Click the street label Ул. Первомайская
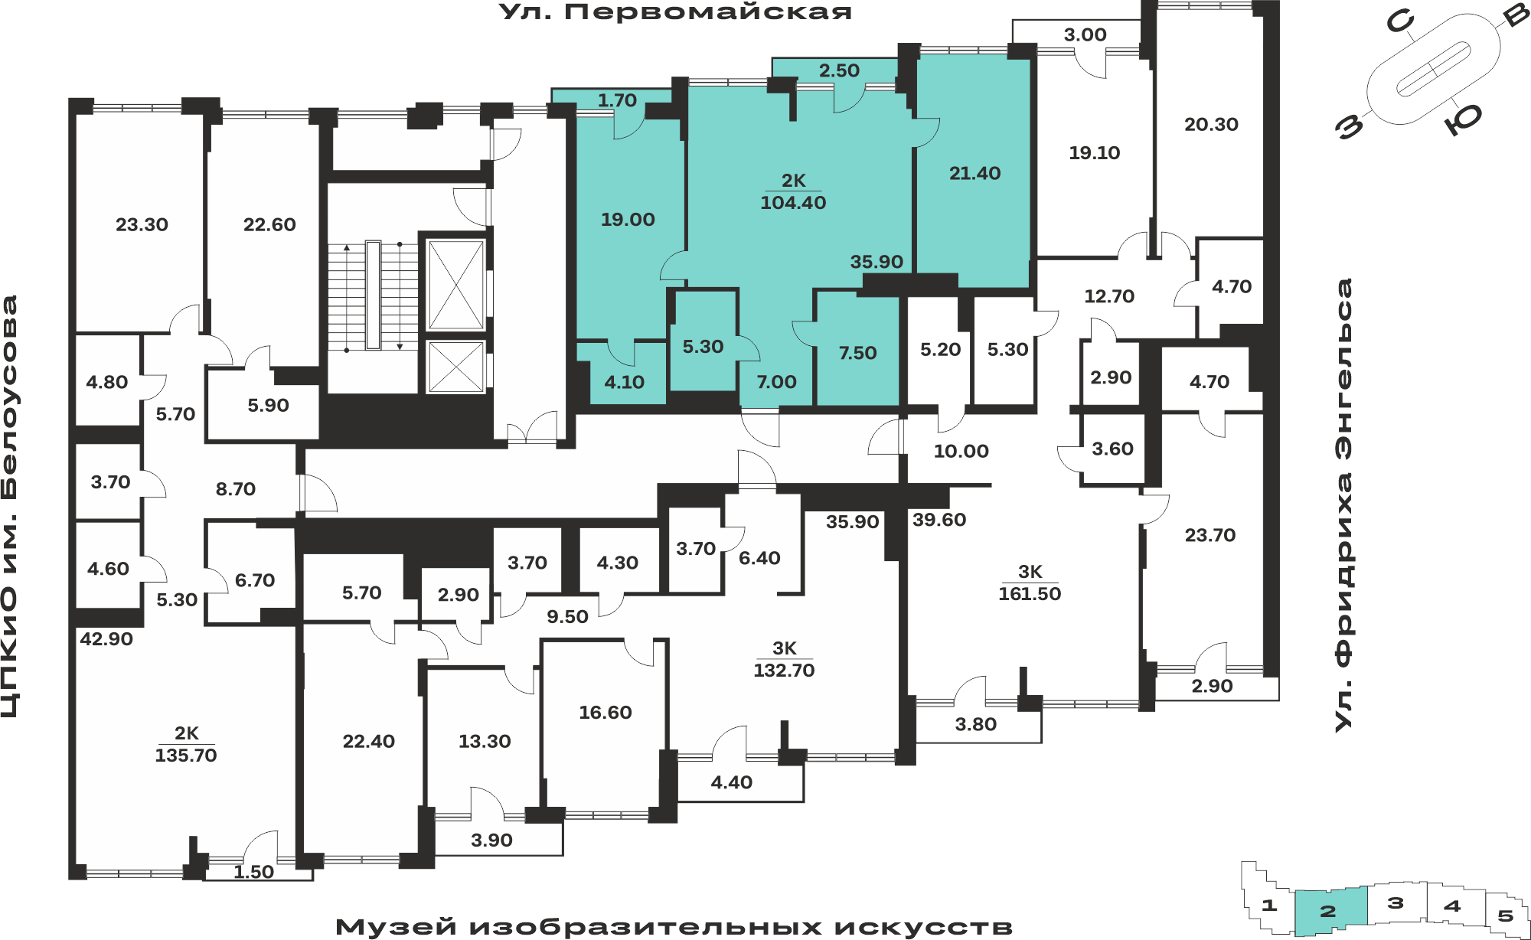(675, 12)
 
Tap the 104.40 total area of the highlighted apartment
(793, 203)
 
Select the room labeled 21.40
(974, 174)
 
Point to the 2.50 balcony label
(839, 70)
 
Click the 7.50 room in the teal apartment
(857, 353)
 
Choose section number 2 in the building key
(1328, 911)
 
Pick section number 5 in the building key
(1506, 916)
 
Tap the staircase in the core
(373, 295)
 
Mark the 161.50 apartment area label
(1030, 594)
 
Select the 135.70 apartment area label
(186, 756)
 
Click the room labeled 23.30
(142, 225)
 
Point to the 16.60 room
(606, 713)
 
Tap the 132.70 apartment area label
(784, 671)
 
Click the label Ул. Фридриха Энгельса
(1344, 505)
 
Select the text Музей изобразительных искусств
(674, 927)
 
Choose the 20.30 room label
(1211, 124)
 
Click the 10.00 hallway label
(961, 452)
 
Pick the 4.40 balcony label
(731, 782)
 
